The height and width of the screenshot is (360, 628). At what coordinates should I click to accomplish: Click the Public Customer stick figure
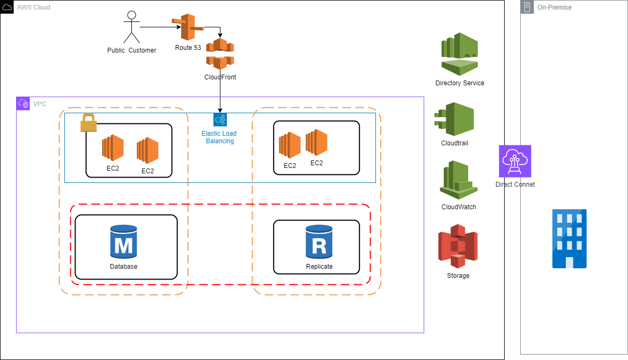131,27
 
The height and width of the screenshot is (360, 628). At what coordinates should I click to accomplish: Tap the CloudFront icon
220,54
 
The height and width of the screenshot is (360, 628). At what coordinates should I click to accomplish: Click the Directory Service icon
460,54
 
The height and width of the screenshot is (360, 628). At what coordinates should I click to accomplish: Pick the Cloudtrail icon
454,120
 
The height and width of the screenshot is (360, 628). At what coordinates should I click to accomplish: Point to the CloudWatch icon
459,180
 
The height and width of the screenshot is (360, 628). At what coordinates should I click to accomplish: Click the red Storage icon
457,246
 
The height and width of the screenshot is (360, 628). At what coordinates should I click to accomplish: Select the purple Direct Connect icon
515,161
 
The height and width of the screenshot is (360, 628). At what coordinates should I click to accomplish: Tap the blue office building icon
569,239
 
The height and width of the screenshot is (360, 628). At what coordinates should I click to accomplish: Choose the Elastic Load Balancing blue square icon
220,120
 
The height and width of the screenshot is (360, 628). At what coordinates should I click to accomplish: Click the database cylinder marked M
123,243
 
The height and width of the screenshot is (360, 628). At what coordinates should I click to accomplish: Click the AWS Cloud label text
33,7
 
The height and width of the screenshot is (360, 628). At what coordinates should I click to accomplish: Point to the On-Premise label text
555,8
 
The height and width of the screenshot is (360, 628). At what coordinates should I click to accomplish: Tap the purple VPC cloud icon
23,104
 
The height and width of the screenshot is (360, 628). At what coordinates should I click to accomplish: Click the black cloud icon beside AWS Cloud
7,7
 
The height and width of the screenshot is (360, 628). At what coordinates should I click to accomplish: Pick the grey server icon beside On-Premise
527,8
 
